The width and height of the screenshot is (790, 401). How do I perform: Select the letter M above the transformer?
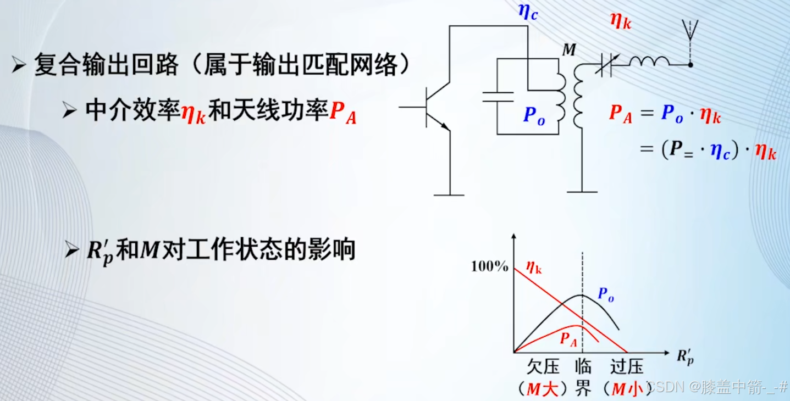pyautogui.click(x=569, y=50)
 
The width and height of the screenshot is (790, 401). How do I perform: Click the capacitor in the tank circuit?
pyautogui.click(x=497, y=97)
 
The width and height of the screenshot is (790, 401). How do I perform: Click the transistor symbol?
pyautogui.click(x=434, y=107)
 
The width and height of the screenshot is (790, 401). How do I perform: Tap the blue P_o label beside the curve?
pyautogui.click(x=605, y=295)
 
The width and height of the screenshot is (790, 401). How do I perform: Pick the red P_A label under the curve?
pyautogui.click(x=568, y=339)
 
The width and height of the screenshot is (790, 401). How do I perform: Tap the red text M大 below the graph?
pyautogui.click(x=543, y=389)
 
